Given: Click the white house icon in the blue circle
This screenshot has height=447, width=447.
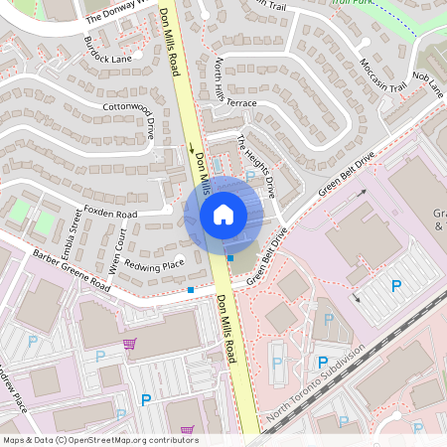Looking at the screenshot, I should tap(223, 214).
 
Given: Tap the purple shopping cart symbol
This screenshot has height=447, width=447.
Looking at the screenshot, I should tap(129, 344).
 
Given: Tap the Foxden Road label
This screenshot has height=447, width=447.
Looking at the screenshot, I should tap(110, 214).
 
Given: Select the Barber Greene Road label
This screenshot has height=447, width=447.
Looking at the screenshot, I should tap(70, 269).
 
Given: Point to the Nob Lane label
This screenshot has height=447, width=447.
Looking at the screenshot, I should tap(428, 86).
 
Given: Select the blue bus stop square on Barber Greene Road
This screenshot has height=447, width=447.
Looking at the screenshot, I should tap(191, 290).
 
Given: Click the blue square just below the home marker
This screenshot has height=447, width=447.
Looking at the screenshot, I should tap(230, 258).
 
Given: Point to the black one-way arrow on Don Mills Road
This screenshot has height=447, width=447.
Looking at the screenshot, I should tap(191, 150).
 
